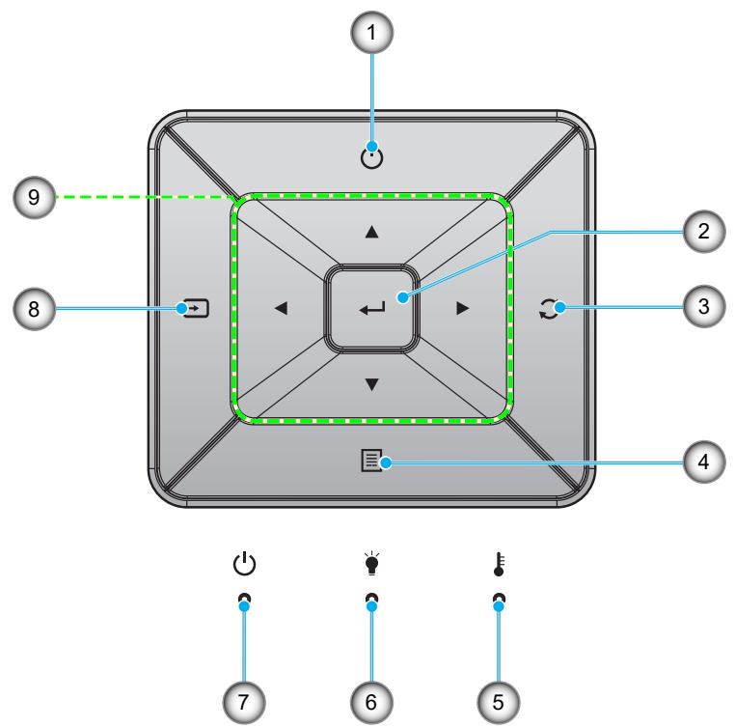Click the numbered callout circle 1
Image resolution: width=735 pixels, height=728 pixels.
click(372, 33)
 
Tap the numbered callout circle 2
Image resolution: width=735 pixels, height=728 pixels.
click(703, 232)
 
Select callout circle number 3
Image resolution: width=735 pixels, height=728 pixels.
click(703, 307)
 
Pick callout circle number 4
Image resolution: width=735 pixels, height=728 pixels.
click(703, 462)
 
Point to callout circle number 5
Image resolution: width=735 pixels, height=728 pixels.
click(499, 702)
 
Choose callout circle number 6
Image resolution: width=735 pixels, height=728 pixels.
click(371, 702)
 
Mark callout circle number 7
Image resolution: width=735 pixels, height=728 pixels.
click(244, 702)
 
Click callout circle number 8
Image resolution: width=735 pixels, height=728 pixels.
click(34, 309)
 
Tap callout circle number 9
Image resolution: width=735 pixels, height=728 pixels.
click(34, 197)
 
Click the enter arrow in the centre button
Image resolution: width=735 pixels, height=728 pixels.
click(372, 308)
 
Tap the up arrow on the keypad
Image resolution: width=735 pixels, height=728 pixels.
click(371, 232)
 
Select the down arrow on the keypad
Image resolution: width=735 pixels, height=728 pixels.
click(371, 384)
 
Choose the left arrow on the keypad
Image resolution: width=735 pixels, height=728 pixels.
click(281, 308)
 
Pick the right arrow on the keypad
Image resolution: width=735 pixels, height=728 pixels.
click(463, 308)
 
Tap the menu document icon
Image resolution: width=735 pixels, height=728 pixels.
click(371, 461)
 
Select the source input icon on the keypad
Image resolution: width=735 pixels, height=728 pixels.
click(193, 308)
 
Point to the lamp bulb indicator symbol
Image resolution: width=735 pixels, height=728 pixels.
click(371, 563)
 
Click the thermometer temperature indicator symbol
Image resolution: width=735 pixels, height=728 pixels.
click(500, 564)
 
